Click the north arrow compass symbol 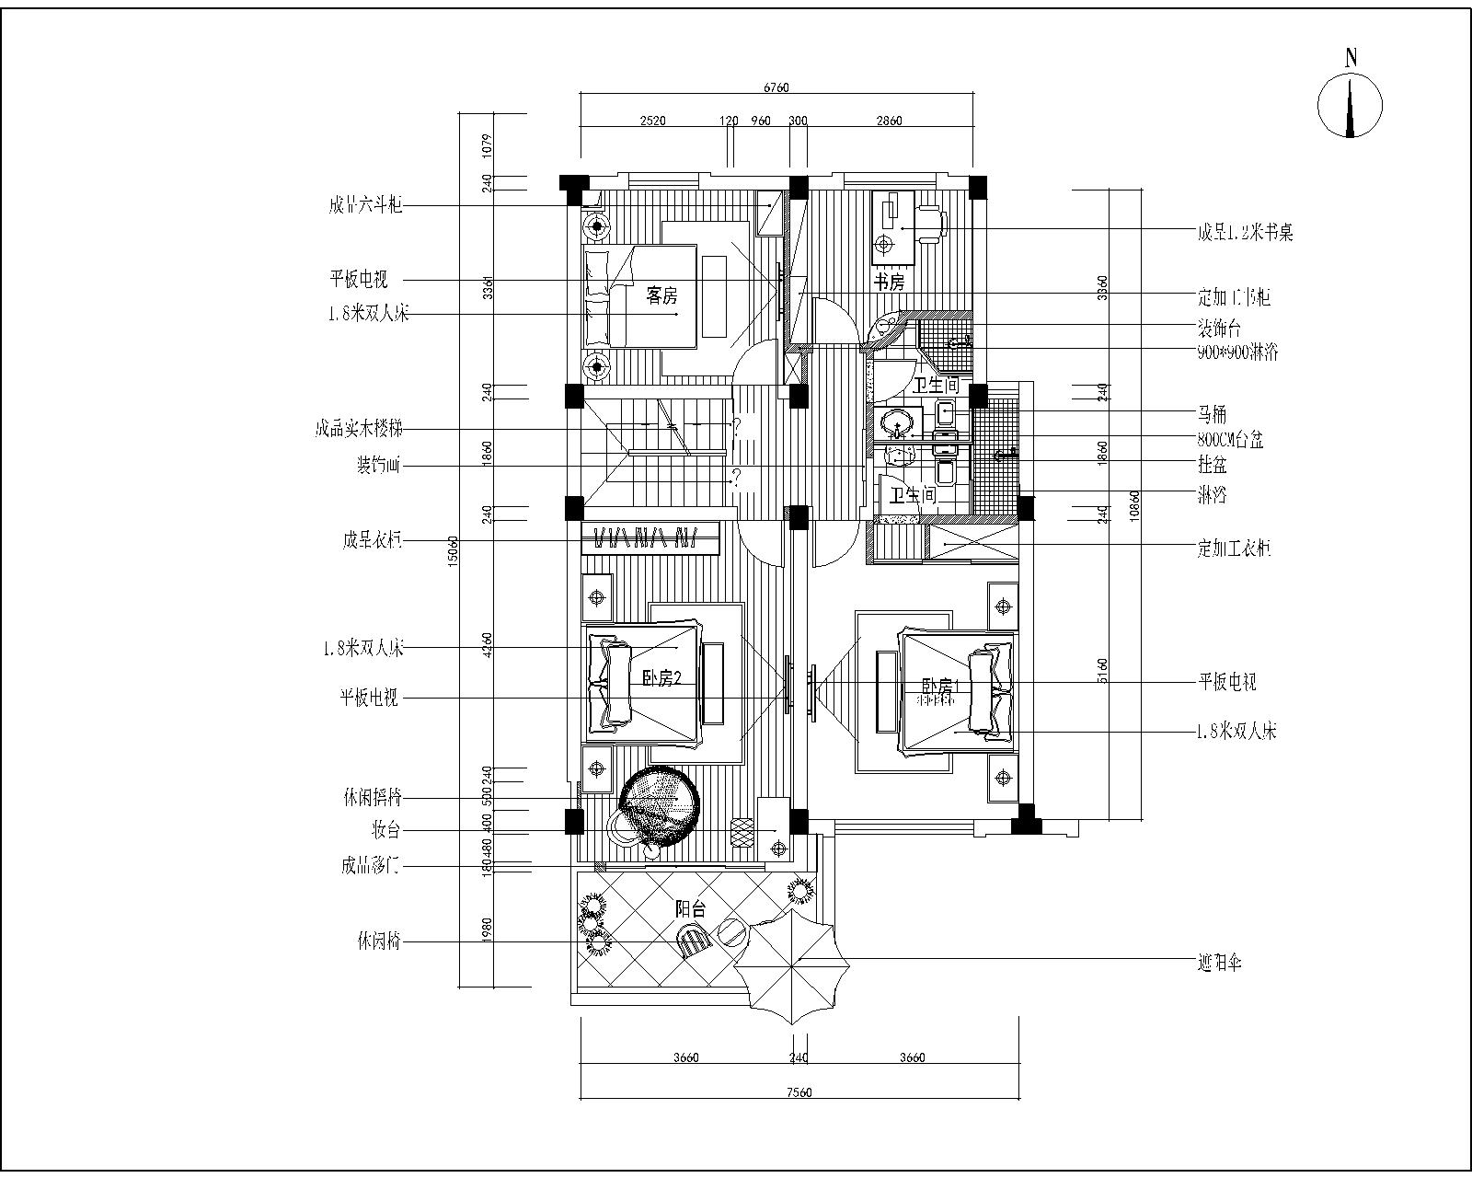click(x=1350, y=105)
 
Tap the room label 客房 click(x=661, y=296)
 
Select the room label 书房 click(x=889, y=283)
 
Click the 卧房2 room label click(x=661, y=679)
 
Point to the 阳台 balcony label click(x=690, y=909)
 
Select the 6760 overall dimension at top click(x=776, y=88)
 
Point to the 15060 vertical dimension click(x=453, y=552)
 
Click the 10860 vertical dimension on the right click(x=1134, y=506)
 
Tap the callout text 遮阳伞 click(x=1220, y=964)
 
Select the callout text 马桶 click(x=1212, y=415)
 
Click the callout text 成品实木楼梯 click(x=358, y=429)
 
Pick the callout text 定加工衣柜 click(x=1234, y=549)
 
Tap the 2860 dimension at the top click(x=889, y=121)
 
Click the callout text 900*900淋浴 click(x=1237, y=352)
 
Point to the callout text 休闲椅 click(x=379, y=941)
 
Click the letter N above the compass click(x=1351, y=57)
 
